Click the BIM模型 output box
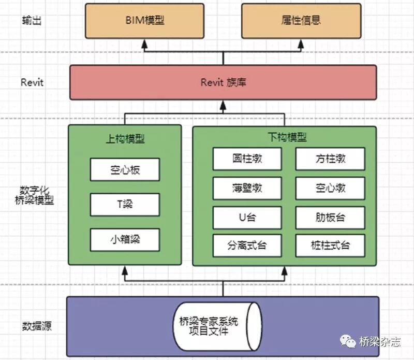pos(145,21)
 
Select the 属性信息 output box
pos(302,21)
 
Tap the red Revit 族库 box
pos(223,82)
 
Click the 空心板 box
pos(125,169)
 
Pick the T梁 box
pos(125,204)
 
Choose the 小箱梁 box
pos(125,239)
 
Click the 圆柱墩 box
pos(247,159)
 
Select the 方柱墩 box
pos(330,159)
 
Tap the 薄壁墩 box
pos(247,188)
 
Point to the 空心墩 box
pos(330,188)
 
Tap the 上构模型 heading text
pos(125,139)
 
